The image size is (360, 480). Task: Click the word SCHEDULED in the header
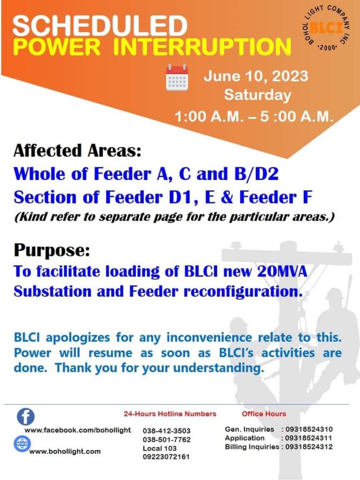(x=100, y=26)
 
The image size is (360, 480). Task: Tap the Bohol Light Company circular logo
(x=326, y=29)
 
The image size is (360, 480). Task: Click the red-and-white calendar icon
(x=177, y=78)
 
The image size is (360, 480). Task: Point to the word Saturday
(x=257, y=95)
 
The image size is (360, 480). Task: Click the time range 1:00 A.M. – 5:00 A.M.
(x=254, y=117)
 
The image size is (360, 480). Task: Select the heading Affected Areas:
(x=77, y=150)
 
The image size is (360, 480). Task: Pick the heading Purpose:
(x=52, y=250)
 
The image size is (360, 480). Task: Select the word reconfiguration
(x=243, y=292)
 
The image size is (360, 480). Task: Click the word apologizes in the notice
(x=78, y=338)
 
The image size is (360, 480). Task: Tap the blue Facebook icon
(x=26, y=417)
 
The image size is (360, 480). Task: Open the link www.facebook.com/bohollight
(x=78, y=430)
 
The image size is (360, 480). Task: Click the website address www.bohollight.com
(x=65, y=451)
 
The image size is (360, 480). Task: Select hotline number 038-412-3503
(x=166, y=431)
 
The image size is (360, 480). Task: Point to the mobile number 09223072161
(x=166, y=457)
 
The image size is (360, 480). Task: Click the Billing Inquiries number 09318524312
(x=309, y=447)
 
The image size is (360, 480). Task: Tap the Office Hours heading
(x=264, y=414)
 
